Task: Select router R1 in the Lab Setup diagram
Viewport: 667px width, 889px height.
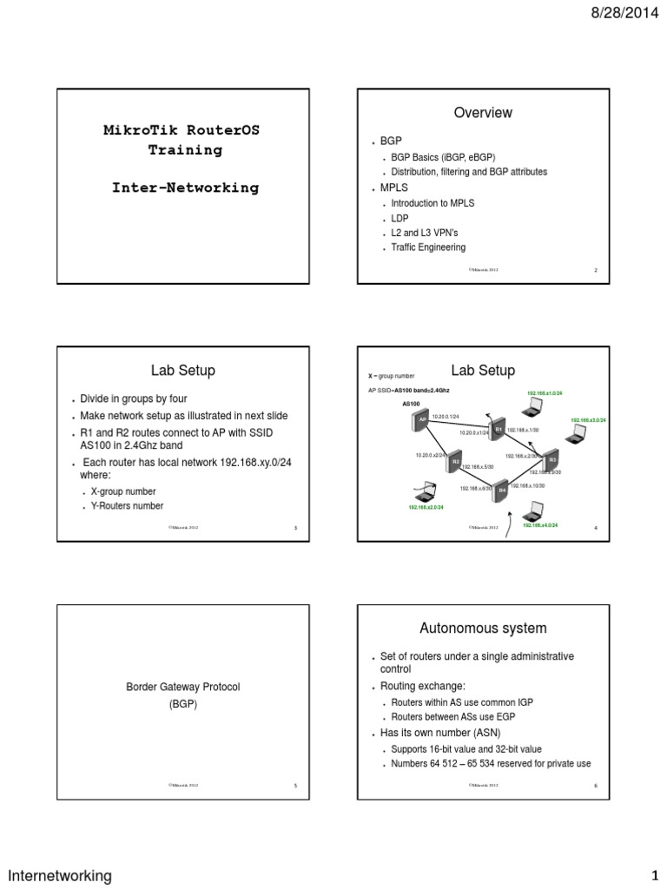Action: [499, 429]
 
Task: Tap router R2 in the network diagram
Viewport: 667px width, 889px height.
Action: [454, 463]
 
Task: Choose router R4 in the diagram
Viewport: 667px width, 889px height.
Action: [501, 491]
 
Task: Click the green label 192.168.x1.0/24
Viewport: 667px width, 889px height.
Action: [545, 393]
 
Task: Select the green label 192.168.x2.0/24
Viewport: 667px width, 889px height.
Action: [426, 507]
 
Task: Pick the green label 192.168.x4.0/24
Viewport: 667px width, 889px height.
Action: [539, 525]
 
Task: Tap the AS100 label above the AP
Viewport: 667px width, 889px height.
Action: [411, 404]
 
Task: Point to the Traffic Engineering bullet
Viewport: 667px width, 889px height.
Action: [428, 247]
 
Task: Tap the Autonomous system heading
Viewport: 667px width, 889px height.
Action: [484, 627]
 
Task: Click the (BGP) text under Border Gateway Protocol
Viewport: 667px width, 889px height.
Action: [182, 704]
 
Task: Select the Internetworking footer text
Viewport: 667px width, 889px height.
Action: [60, 875]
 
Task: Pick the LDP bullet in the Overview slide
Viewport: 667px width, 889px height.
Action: [400, 218]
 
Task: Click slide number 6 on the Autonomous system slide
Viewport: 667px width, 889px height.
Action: [596, 786]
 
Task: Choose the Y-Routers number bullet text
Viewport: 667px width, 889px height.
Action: [127, 505]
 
